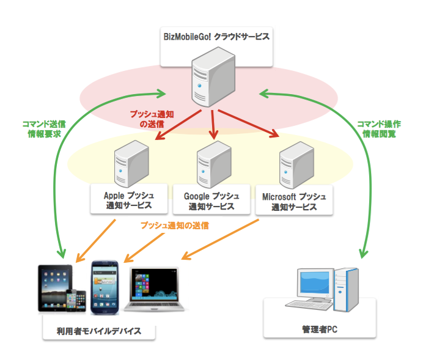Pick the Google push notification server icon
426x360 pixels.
213,163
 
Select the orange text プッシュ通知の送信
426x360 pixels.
175,225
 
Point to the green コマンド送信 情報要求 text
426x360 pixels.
43,127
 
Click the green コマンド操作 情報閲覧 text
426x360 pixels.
379,127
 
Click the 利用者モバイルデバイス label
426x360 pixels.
99,331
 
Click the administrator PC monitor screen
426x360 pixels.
314,282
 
